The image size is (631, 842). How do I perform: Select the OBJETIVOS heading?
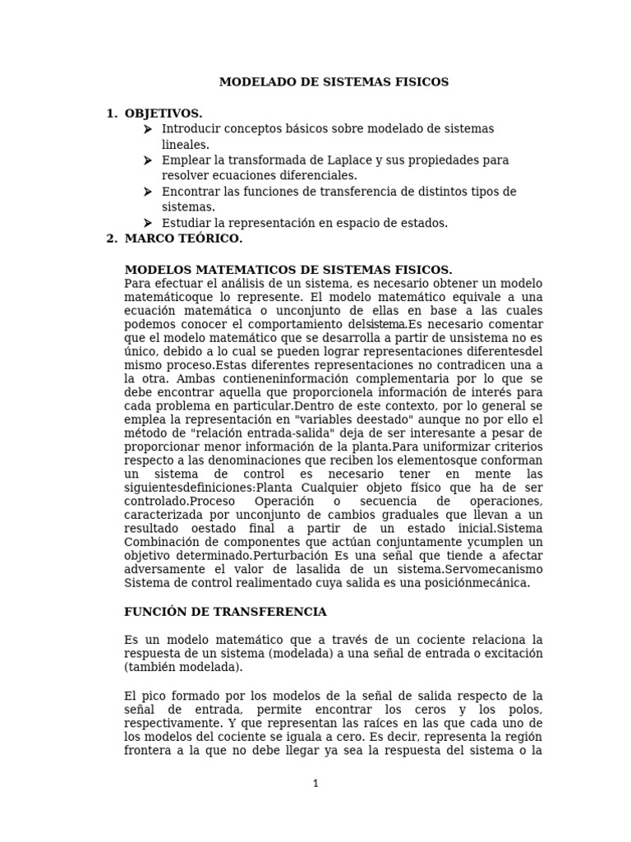(x=163, y=113)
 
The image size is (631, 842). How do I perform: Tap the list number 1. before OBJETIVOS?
(x=112, y=113)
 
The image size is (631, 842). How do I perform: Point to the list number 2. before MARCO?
(x=112, y=238)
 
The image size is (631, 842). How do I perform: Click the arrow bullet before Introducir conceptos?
(x=147, y=129)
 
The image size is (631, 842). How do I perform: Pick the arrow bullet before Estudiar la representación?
(x=147, y=223)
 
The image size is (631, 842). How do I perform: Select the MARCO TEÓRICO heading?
(x=183, y=238)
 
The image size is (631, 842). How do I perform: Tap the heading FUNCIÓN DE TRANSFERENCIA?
(x=225, y=612)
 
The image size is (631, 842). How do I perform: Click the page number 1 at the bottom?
(x=315, y=784)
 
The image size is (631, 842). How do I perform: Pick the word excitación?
(x=513, y=653)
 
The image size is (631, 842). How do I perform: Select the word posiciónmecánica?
(x=477, y=582)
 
